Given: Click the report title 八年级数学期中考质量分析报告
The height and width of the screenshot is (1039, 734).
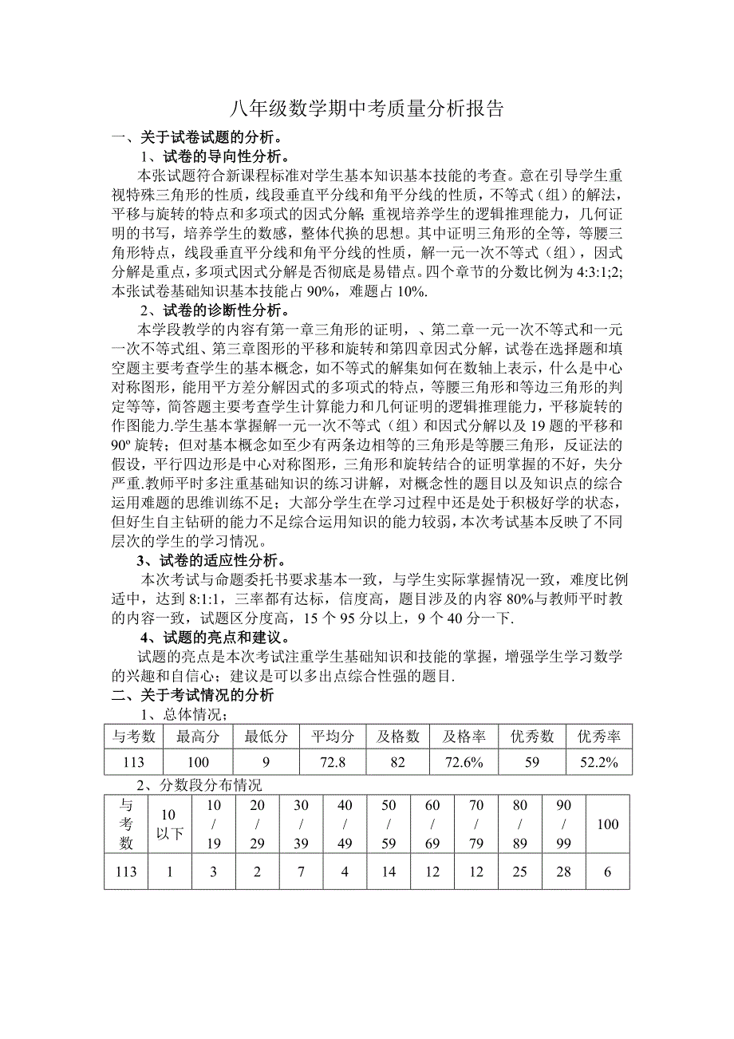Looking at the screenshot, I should (x=367, y=109).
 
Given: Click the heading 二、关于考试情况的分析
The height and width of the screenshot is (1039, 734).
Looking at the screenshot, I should (x=192, y=695).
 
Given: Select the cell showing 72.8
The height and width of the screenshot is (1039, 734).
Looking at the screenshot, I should (x=333, y=762).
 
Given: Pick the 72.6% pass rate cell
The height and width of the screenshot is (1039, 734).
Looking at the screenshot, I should (x=464, y=762).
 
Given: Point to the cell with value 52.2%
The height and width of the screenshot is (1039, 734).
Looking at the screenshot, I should (x=598, y=762).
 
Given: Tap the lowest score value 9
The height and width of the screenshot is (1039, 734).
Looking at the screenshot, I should (x=266, y=762).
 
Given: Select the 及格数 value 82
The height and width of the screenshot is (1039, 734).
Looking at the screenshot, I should (x=398, y=762).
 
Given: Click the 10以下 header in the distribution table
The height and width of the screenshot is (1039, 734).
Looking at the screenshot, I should (x=169, y=824).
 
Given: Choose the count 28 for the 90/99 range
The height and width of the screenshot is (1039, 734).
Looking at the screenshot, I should (x=564, y=871).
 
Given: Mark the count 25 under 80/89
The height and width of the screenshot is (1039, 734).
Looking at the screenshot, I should (x=520, y=871).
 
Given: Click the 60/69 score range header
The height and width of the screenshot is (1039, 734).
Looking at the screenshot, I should (x=432, y=824).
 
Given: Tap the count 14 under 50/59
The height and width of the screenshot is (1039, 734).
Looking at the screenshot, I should (x=389, y=871).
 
